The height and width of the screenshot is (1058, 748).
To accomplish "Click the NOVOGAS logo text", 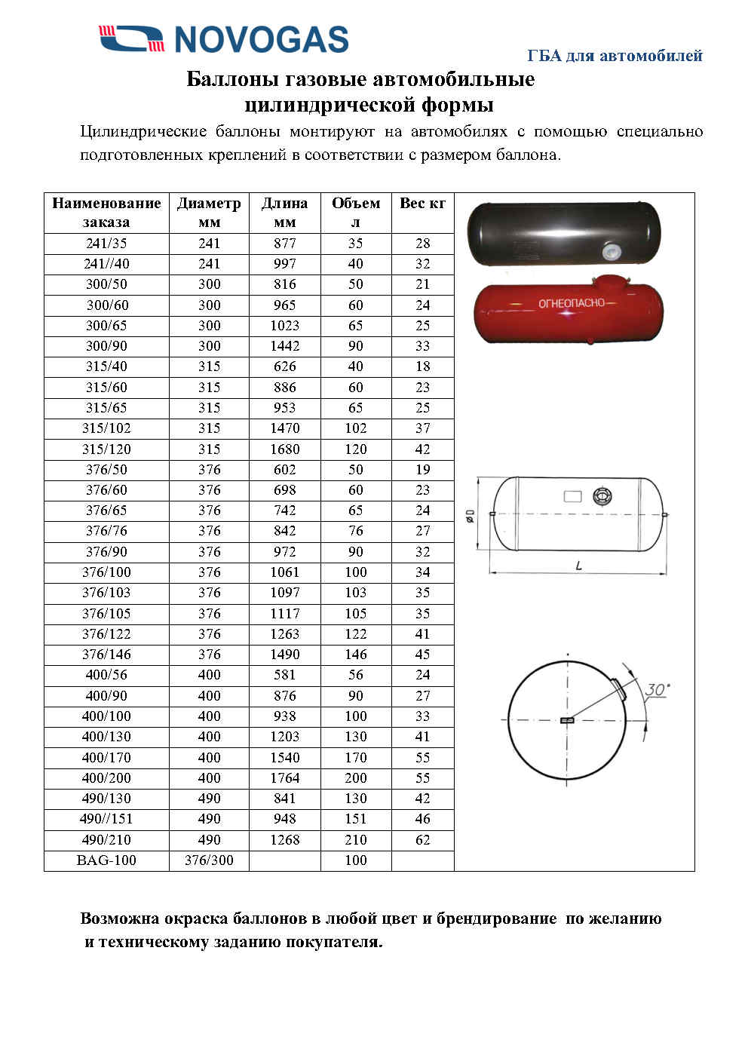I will pos(261,39).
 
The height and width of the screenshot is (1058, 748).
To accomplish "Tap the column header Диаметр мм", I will pos(209,212).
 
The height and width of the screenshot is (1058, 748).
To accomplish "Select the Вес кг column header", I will pos(422,203).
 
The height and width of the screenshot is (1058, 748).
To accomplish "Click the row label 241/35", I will pos(106,244).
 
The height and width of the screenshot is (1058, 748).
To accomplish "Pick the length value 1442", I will pos(285,346).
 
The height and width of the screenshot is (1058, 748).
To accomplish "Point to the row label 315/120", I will pos(106,449).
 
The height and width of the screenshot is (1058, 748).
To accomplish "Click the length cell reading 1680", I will pos(285,449).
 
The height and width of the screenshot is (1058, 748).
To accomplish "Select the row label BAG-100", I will pos(106,860).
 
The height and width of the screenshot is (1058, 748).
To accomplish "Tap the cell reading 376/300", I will pos(209,860).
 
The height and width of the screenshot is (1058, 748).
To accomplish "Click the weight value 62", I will pos(422,839).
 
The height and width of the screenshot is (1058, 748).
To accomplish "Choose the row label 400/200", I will pos(106,778).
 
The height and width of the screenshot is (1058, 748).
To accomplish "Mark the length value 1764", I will pos(285,778).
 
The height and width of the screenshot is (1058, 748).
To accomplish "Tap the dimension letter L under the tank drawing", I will pos(578,565).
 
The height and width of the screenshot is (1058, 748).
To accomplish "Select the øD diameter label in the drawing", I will pos(469,517).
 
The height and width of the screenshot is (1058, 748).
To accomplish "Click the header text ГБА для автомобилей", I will pos(615,56).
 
